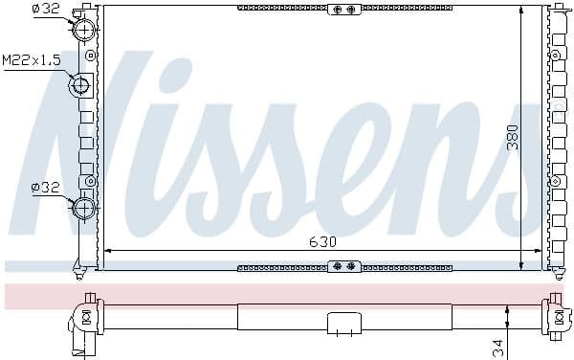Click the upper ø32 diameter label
46,8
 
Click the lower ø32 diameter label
45,188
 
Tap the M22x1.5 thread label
32,60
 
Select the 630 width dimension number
322,241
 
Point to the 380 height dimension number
513,137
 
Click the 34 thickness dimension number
498,349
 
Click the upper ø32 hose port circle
84,29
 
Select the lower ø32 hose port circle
84,209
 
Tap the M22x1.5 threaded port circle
79,85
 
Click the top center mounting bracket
344,10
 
